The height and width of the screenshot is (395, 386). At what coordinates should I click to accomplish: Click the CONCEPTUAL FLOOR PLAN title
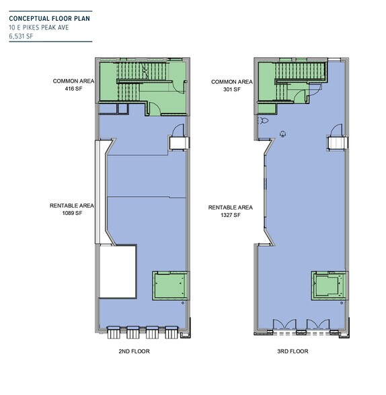point(49,18)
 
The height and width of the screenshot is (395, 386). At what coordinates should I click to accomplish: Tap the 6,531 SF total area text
point(21,36)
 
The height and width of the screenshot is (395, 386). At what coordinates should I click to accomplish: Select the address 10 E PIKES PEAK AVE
point(39,28)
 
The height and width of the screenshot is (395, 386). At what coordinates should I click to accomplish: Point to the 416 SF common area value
point(73,89)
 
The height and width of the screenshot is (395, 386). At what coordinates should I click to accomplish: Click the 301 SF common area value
point(232,89)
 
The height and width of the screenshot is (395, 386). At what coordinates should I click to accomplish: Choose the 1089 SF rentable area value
point(73,213)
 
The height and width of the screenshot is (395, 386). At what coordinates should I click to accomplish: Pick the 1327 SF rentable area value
point(231,215)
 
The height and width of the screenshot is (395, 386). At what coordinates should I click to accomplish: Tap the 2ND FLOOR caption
point(134,351)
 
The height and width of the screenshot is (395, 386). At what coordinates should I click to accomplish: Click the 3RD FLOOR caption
point(293,351)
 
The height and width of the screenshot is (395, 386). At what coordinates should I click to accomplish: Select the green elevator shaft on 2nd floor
point(170,286)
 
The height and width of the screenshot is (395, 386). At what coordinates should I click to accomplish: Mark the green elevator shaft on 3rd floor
point(329,286)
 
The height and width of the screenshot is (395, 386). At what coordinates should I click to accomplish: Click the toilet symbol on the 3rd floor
point(263,120)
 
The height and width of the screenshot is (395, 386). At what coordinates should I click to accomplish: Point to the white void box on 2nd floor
point(118,271)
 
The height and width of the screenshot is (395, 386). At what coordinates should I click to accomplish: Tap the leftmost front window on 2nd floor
point(113,333)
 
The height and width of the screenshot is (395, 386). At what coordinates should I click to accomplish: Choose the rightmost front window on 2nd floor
point(171,333)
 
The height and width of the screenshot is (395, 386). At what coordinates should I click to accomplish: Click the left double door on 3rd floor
point(284,324)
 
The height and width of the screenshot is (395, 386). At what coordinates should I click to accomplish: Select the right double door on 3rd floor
point(318,324)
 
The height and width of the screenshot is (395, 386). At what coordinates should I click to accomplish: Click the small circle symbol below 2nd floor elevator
point(183,303)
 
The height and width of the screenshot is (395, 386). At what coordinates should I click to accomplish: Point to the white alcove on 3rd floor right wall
point(338,143)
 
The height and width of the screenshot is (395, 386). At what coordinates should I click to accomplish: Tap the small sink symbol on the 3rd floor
point(283,134)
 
